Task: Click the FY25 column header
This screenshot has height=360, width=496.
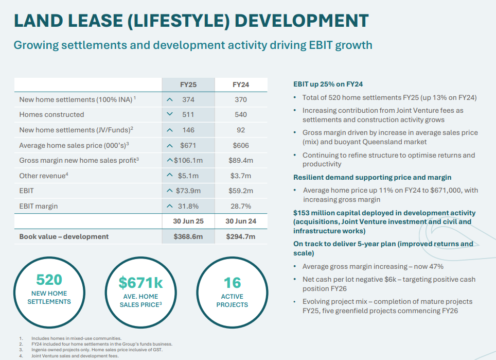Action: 188,84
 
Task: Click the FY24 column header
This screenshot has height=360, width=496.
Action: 241,84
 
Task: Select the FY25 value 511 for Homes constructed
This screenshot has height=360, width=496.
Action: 188,114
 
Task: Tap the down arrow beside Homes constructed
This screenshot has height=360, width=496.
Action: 169,114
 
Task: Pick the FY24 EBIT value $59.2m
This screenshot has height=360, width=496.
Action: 241,191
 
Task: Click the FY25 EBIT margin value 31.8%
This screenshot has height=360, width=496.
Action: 188,206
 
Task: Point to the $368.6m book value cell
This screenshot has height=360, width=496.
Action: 188,236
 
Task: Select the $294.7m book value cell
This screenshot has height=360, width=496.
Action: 241,236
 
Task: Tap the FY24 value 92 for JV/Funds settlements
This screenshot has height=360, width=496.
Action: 241,130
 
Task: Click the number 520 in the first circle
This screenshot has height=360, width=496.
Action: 49,280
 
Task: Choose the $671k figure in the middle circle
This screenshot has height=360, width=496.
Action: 140,283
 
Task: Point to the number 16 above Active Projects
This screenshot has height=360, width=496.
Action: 232,283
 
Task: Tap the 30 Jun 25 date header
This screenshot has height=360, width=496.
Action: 188,221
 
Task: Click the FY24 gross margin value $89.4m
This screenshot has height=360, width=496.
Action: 241,160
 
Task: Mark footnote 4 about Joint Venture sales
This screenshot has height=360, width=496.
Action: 75,355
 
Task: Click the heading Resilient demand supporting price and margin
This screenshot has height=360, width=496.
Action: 372,177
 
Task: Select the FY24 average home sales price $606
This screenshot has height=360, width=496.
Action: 241,145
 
